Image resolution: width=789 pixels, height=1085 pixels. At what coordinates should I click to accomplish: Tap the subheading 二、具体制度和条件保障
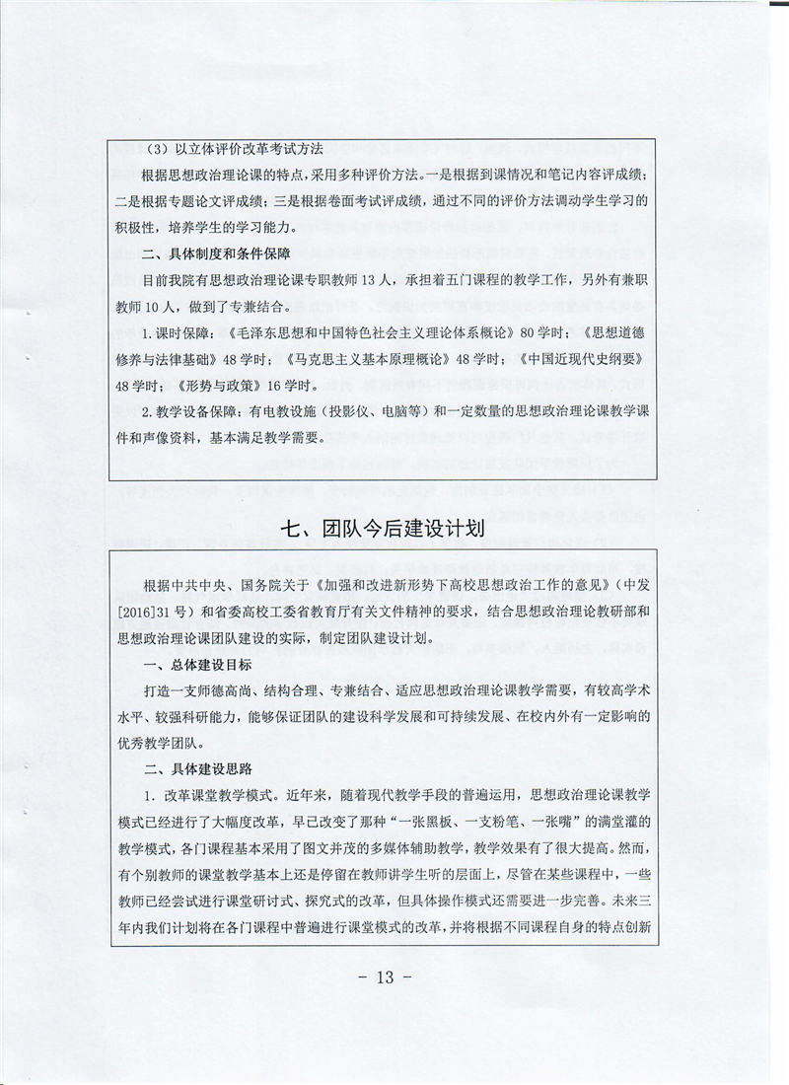pos(218,254)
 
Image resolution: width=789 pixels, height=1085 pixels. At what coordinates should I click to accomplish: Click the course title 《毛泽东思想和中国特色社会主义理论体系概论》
pos(365,332)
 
